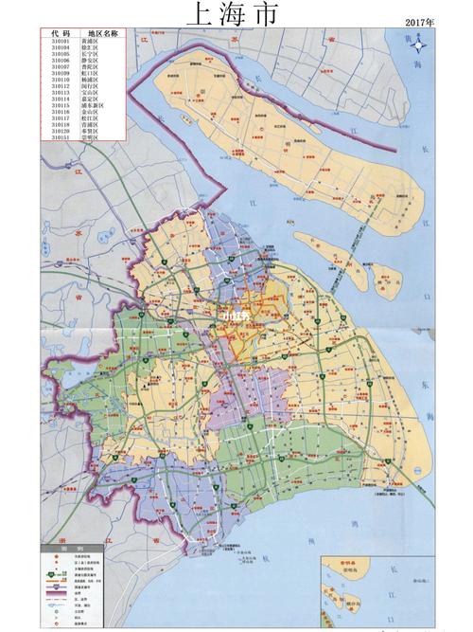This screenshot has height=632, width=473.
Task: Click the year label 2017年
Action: point(416,20)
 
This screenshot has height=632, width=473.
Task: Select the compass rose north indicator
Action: point(429,43)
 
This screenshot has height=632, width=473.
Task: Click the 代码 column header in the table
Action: point(60,34)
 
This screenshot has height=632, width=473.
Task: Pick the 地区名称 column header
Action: point(102,34)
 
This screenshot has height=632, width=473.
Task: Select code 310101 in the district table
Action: point(60,43)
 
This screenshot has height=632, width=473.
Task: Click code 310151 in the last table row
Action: point(60,136)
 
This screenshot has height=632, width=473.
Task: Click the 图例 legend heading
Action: point(60,550)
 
